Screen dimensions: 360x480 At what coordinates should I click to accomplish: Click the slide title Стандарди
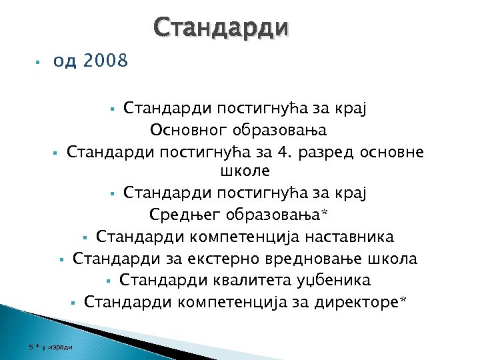click(221, 28)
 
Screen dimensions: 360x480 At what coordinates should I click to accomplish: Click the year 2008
click(105, 62)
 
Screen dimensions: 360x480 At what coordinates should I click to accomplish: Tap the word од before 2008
click(65, 62)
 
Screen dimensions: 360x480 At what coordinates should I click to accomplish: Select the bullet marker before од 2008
click(39, 62)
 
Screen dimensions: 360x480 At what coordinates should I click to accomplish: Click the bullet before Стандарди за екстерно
click(60, 258)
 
